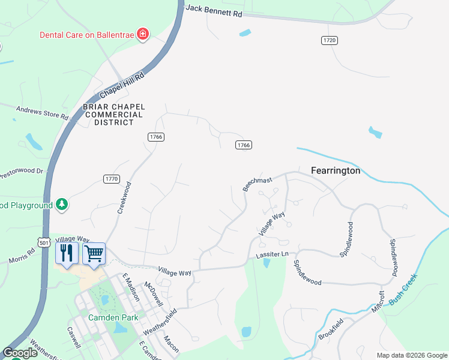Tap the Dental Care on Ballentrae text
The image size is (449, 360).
87,35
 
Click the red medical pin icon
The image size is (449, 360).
143,34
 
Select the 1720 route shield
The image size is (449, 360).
329,40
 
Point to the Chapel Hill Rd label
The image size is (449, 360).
122,85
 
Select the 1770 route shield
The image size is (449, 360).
112,179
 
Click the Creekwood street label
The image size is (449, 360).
124,198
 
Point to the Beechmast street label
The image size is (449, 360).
258,184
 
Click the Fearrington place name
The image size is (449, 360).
336,170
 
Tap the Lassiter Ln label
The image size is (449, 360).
273,255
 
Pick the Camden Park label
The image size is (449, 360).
113,317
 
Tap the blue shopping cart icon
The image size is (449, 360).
94,253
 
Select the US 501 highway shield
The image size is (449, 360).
43,242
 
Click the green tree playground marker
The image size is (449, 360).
61,205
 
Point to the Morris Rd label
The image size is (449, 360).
23,256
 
